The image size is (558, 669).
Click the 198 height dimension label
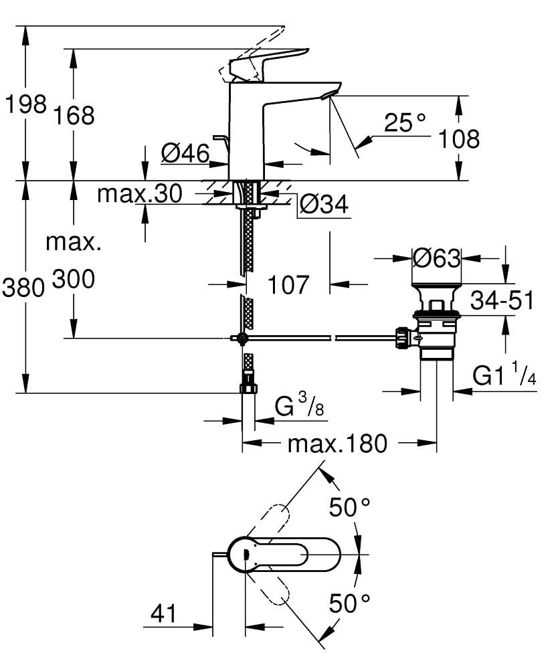pos(25,104)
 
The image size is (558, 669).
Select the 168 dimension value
pos(74,116)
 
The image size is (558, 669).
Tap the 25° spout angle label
pos(405,122)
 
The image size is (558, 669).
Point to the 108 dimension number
pos(459,139)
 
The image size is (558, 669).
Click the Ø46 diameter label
pos(185,154)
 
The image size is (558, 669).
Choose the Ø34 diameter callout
pos(324,205)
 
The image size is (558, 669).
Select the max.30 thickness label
pos(139,194)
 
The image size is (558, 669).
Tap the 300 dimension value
pos(73,280)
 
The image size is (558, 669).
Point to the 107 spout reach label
pos(288,284)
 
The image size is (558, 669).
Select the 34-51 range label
pos(502,301)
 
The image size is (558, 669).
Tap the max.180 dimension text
pos(337,442)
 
